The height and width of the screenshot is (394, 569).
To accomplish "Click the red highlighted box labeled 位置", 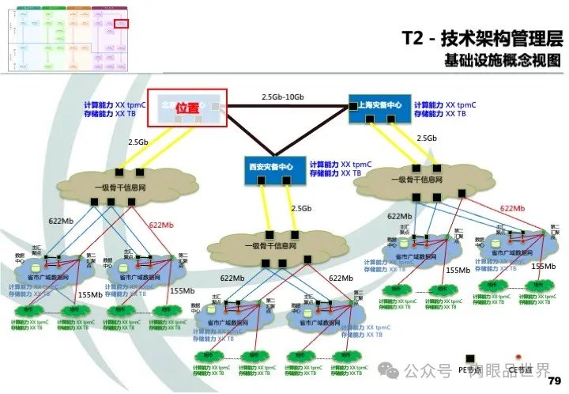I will [x=188, y=108].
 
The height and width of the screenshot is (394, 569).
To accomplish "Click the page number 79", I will [x=553, y=380].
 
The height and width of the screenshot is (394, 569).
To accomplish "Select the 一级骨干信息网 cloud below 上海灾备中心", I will [x=408, y=182].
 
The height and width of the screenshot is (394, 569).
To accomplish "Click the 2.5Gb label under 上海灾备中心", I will [x=427, y=138].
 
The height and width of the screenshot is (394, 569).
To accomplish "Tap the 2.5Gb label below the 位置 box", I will [x=138, y=142].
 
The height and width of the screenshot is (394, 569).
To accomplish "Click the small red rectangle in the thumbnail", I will [x=121, y=25].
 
